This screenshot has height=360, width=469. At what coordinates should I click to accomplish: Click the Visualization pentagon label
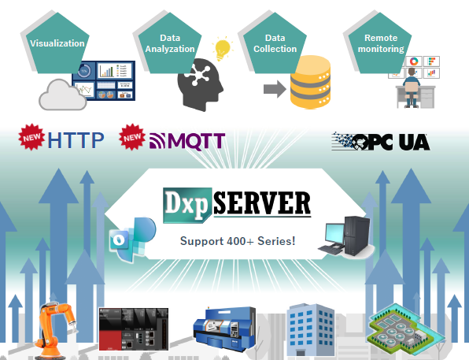click(57, 43)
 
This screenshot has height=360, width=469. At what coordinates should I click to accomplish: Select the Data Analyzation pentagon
click(170, 43)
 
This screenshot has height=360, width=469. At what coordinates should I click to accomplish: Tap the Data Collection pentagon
click(275, 43)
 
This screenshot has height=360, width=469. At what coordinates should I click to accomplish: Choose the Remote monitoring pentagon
click(380, 43)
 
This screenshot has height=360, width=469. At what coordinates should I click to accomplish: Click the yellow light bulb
click(223, 49)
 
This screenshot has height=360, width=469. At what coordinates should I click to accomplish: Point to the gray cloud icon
click(63, 95)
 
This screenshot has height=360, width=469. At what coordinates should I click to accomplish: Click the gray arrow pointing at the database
click(275, 89)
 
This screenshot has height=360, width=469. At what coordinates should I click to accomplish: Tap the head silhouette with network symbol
click(200, 85)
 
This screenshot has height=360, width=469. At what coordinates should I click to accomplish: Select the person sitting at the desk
click(412, 87)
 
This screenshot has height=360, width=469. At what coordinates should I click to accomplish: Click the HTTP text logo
click(76, 140)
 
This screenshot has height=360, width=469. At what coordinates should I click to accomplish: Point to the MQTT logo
click(187, 141)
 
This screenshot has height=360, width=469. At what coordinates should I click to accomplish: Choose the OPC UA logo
click(381, 141)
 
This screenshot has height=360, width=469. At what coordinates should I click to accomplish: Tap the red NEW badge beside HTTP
click(31, 137)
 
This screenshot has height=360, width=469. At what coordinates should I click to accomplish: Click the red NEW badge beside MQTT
click(132, 137)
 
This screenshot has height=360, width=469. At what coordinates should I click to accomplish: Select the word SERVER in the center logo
click(262, 203)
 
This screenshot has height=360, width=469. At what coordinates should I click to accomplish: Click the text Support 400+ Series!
click(238, 241)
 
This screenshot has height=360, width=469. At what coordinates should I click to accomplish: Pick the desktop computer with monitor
click(345, 236)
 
